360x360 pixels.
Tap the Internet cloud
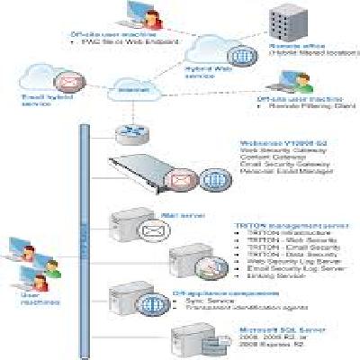[x=127, y=88]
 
